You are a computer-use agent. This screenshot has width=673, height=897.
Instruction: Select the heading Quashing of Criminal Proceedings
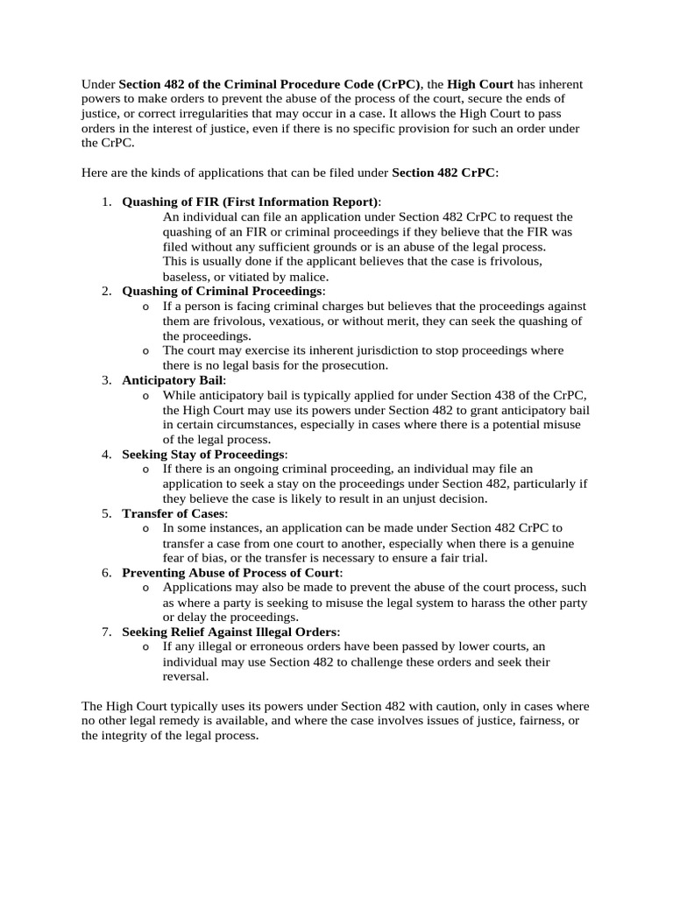point(223,291)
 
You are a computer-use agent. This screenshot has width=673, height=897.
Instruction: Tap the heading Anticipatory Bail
point(174,380)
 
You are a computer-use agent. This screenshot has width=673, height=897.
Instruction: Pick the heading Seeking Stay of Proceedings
point(203,455)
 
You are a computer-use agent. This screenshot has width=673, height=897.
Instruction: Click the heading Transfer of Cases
point(174,513)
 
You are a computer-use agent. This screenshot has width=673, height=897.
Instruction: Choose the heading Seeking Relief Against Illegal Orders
point(230,632)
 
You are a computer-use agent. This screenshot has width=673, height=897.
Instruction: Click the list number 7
point(105,632)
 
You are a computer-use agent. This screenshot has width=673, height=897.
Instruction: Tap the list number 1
point(105,201)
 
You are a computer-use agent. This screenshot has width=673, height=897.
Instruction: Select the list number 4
point(105,455)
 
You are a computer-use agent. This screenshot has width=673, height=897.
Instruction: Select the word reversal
point(186,676)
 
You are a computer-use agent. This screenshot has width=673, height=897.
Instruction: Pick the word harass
point(487,603)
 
